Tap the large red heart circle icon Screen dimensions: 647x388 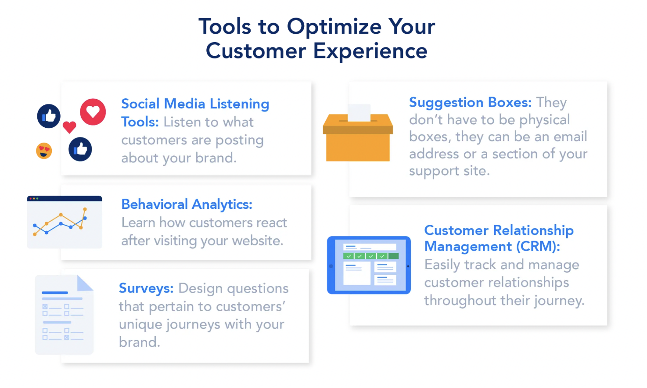coord(93,112)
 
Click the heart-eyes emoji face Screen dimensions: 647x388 coord(44,151)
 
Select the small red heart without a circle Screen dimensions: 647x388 coord(69,127)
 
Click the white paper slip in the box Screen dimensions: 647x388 coord(359,113)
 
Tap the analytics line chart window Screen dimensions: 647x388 coord(65,222)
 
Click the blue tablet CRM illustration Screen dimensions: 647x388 coord(369,265)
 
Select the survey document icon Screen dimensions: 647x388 coord(64,315)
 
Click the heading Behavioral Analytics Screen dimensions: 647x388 coord(187,204)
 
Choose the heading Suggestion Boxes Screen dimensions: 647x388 coord(470,102)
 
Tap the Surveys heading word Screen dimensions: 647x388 coord(146,288)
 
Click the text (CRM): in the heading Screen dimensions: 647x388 coord(538,246)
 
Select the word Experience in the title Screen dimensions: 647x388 coord(370,51)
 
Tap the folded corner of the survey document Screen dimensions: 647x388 coord(85,283)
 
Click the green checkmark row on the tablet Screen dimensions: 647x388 coord(371,256)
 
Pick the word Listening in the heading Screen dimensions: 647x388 coord(240,104)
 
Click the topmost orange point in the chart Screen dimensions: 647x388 coord(85,209)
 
